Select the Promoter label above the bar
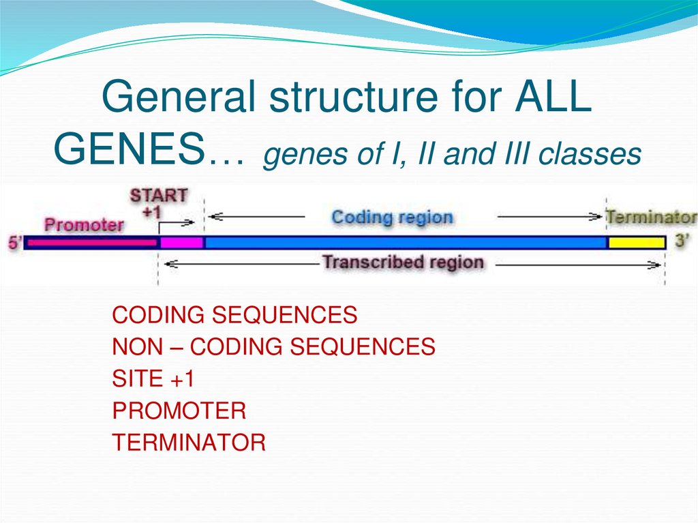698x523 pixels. (x=84, y=224)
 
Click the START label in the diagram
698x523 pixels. (x=158, y=195)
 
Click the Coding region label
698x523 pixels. (x=392, y=218)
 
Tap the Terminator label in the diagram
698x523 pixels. (x=651, y=218)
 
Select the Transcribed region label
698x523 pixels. (x=403, y=263)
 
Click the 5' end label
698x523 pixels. (x=14, y=242)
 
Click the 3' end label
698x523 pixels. (x=682, y=241)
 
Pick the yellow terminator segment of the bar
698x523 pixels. (x=636, y=243)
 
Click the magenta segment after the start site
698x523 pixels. (x=181, y=243)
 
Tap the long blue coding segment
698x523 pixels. (x=406, y=243)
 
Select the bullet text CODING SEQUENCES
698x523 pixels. (x=234, y=315)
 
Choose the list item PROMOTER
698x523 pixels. (x=179, y=410)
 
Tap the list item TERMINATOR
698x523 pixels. (x=189, y=443)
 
